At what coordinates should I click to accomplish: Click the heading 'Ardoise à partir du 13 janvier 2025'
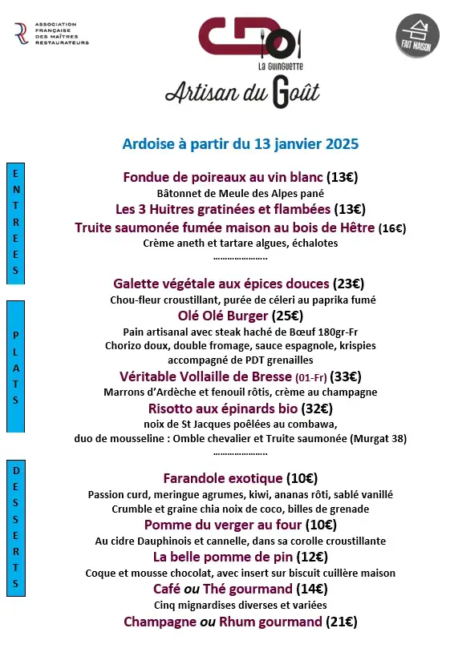240,144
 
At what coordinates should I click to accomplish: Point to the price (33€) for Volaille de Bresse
347,376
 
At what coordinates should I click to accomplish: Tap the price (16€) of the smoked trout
392,228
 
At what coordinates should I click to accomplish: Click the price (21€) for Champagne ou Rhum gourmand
341,622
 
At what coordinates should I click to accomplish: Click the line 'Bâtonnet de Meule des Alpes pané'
240,193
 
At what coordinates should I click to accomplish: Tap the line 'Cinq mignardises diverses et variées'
240,605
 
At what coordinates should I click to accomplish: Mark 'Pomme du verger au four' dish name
213,525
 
